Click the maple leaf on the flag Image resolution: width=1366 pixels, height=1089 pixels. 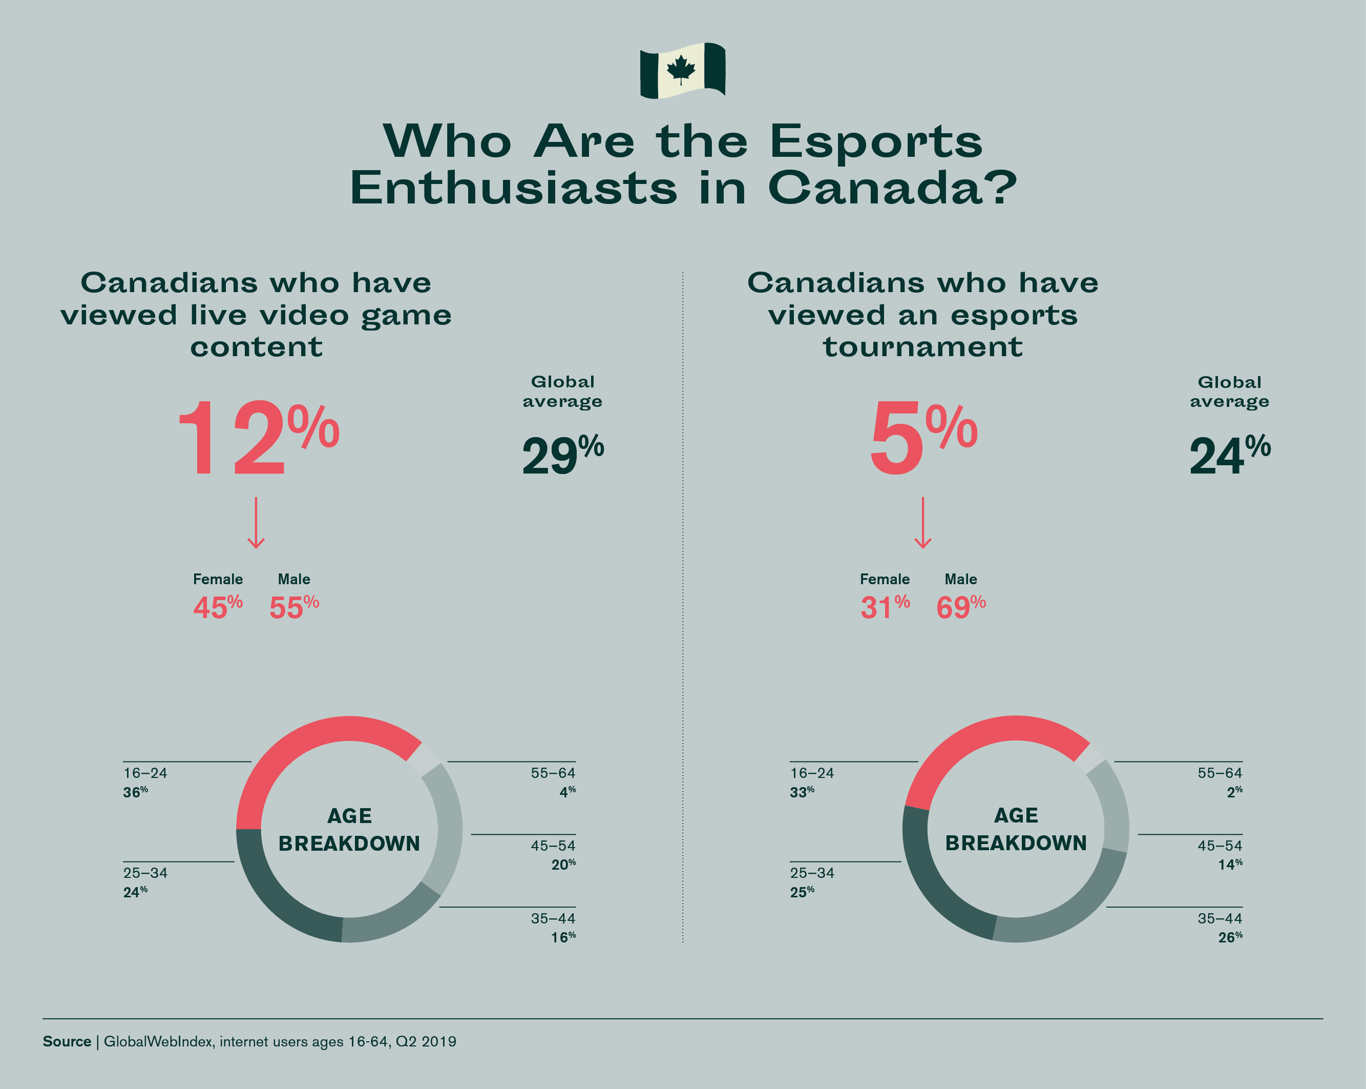[681, 69]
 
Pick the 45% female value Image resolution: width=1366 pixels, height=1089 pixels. [217, 607]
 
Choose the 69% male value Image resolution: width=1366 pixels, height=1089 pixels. [960, 607]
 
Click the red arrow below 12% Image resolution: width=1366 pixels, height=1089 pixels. [256, 523]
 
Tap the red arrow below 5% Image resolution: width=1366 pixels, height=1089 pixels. [922, 523]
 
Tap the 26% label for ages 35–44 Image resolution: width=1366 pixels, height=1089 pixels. [1230, 937]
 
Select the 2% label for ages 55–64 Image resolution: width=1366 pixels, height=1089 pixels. [1234, 792]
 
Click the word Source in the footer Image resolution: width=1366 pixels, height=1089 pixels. [67, 1041]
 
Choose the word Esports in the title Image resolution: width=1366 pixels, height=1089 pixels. [876, 141]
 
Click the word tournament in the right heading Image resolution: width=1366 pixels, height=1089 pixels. [922, 347]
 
